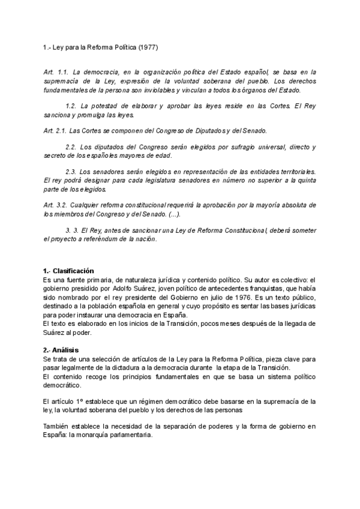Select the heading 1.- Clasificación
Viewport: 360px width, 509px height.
tap(68, 271)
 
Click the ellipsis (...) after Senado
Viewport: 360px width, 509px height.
tap(175, 214)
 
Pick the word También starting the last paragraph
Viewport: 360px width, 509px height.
tap(58, 426)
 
